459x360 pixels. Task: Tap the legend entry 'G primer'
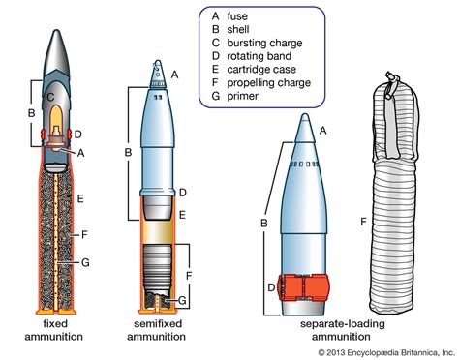[237, 99]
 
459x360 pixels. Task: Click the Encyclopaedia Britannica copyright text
[388, 350]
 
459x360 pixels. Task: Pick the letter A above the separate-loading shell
[322, 130]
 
